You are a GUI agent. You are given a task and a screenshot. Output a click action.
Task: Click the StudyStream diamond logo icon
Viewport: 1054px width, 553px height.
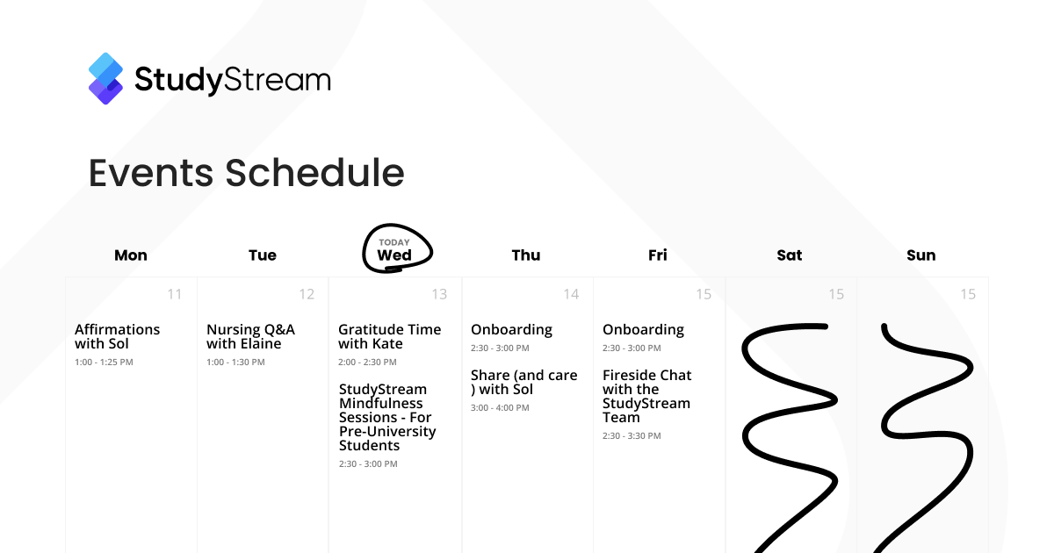106,78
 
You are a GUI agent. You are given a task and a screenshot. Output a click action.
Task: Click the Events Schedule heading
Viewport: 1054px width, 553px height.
247,173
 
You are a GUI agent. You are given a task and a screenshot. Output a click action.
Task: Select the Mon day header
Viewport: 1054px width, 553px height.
131,255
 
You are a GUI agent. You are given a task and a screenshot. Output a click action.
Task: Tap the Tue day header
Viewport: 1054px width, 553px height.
263,255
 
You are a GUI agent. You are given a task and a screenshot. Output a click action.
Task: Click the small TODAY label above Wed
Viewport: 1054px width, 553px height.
394,242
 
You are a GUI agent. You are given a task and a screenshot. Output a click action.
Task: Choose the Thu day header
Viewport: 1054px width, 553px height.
526,255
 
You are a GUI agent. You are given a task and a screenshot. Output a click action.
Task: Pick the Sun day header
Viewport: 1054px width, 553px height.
921,255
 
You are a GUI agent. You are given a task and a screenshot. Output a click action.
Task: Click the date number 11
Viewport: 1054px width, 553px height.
175,294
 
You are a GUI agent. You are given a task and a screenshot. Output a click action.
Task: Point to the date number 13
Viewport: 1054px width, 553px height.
439,294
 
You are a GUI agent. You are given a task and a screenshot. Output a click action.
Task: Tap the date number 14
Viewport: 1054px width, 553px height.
571,294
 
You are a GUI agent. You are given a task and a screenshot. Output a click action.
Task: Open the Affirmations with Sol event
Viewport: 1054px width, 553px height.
117,336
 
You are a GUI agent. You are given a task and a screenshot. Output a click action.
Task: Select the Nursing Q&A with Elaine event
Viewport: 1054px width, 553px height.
251,336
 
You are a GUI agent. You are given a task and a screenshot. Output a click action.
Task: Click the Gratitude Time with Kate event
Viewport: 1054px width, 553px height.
390,336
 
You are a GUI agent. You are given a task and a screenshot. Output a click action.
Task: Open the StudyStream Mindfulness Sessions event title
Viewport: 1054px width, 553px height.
387,417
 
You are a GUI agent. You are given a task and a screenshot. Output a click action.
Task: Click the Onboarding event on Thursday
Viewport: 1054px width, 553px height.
511,330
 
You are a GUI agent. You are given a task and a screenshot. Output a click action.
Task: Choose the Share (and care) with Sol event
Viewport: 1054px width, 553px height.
523,383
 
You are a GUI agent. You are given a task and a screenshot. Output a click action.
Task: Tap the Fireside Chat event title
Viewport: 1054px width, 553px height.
647,396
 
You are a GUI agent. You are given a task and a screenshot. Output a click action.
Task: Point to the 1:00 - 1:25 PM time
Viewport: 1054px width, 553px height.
104,362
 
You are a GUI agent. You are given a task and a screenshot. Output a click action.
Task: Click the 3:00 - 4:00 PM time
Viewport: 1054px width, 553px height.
500,407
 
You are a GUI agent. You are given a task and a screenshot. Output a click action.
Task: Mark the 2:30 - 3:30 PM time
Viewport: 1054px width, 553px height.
632,436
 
